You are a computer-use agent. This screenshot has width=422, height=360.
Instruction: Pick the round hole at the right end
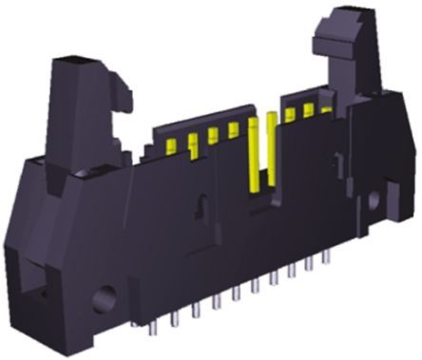click(370, 227)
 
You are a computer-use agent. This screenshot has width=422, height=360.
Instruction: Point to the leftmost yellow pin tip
click(171, 145)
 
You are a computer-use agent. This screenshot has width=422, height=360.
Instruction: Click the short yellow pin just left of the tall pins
click(233, 130)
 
